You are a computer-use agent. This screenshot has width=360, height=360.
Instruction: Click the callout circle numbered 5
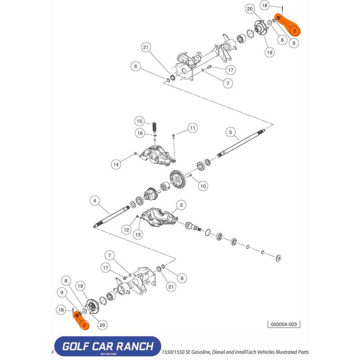[x=230, y=132]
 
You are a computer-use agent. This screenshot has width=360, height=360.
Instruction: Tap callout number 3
[x=180, y=205]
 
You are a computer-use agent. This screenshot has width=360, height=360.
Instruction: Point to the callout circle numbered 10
[x=202, y=185]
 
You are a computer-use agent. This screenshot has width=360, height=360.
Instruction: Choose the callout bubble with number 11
[x=192, y=128]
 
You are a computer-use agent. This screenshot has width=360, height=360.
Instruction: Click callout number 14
[x=117, y=165]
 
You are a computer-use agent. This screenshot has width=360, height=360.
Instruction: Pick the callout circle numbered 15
[x=140, y=121]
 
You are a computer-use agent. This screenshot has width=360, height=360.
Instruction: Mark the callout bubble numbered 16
[x=140, y=133]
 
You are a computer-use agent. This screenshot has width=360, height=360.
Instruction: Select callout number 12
[x=126, y=229]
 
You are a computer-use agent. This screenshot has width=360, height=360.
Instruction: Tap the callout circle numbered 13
[x=138, y=234]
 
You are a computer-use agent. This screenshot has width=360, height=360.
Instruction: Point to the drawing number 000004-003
[x=283, y=324]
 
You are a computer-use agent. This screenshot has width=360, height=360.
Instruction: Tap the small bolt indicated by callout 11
[x=174, y=136]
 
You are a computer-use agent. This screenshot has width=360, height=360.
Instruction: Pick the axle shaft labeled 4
[x=113, y=215]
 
